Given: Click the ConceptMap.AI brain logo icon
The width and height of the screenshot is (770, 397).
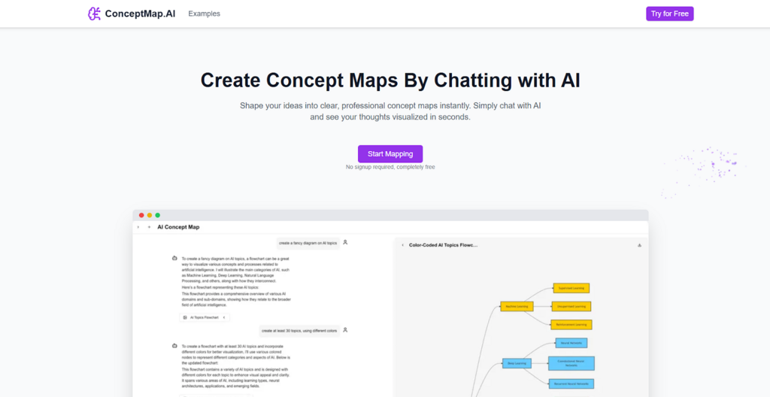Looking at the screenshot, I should tap(94, 14).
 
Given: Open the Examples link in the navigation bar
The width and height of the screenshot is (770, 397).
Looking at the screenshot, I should tap(204, 14).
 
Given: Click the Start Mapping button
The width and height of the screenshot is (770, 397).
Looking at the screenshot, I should tap(390, 153).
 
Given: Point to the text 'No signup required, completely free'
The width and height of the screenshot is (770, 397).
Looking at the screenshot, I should tap(390, 167).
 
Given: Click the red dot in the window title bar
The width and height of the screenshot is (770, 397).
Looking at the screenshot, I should tap(141, 215).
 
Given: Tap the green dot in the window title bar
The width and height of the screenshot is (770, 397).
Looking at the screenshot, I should tap(158, 215).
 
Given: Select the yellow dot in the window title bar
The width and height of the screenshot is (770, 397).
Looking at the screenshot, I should tap(150, 215).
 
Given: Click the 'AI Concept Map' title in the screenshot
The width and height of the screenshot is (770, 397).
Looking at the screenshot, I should tap(178, 227).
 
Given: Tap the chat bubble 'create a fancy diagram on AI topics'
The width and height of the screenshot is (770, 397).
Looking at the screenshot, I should tap(308, 243).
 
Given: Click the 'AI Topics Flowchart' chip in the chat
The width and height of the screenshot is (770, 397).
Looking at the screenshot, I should tap(205, 317).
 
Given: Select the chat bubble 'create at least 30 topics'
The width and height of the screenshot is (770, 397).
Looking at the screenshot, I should tap(299, 330).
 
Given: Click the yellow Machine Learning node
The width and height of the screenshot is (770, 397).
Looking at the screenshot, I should tap(516, 306).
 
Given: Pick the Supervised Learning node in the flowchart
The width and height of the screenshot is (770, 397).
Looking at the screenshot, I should tap(571, 288).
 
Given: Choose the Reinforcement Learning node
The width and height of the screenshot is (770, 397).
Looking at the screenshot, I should tap(571, 325).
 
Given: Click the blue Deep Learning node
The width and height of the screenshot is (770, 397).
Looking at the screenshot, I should tap(517, 363).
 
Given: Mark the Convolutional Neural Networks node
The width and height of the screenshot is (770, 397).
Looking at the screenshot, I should tap(571, 363).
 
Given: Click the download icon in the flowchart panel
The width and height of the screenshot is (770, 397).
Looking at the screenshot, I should tap(639, 245).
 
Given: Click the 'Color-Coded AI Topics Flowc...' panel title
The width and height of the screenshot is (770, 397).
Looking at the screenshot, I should tap(443, 245).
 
